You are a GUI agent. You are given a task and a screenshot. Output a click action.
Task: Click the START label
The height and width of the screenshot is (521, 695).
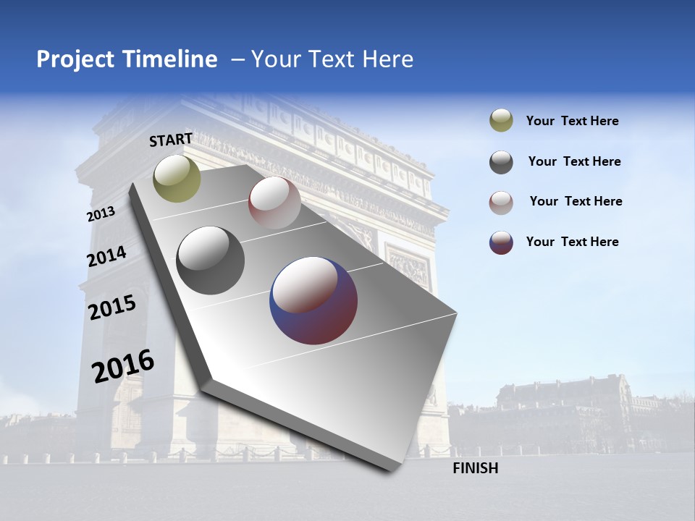(x=171, y=140)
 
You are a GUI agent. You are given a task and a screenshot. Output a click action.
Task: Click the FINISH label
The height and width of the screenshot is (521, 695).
(x=475, y=468)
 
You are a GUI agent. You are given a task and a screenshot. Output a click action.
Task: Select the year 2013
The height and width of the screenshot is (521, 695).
(x=101, y=214)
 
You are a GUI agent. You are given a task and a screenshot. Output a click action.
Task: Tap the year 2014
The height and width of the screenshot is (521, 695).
(x=107, y=256)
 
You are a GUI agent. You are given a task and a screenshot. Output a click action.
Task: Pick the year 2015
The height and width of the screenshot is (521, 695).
(x=112, y=308)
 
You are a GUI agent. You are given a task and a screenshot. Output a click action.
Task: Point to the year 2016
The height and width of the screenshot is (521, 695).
(x=123, y=365)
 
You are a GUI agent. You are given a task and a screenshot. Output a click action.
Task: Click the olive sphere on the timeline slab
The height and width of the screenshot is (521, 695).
(x=177, y=178)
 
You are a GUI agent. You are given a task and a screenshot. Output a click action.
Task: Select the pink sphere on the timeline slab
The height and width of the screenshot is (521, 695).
(x=274, y=203)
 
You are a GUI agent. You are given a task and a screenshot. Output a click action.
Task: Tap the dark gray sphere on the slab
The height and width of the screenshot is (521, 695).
(x=210, y=260)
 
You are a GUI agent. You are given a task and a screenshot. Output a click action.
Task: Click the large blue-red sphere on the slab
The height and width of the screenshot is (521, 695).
(x=313, y=300)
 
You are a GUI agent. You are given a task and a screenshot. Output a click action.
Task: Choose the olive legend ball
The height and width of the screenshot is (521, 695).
(x=501, y=121)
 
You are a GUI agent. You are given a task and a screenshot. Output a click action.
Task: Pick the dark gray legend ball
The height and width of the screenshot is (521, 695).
(x=501, y=162)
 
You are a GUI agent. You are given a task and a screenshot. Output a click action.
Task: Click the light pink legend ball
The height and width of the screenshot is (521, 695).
(x=501, y=202)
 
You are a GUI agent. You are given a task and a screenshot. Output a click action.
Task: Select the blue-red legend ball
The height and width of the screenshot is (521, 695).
(x=501, y=242)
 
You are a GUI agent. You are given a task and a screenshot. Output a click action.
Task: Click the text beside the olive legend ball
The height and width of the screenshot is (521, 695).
(x=572, y=121)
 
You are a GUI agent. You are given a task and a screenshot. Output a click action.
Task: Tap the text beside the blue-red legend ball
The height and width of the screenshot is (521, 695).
(x=572, y=242)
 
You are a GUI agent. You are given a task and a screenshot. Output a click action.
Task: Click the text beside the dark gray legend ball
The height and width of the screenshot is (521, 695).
(x=574, y=161)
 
